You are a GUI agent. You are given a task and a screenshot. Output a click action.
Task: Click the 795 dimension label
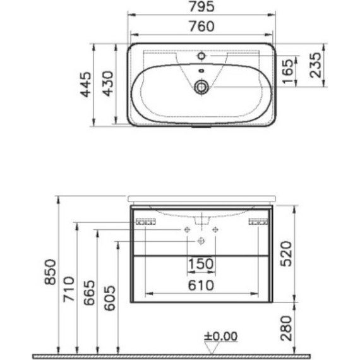click(201, 7)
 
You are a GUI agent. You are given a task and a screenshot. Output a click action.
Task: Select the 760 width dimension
click(201, 26)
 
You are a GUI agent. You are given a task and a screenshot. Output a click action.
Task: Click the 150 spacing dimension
click(201, 264)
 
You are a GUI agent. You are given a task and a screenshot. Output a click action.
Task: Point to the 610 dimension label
click(201, 285)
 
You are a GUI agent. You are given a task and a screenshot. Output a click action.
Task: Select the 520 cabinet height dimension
click(285, 252)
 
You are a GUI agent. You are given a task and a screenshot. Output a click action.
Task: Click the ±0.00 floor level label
click(221, 336)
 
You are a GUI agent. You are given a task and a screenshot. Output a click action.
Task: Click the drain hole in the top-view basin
click(201, 87)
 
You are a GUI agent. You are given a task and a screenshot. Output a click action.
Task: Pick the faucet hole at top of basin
click(201, 55)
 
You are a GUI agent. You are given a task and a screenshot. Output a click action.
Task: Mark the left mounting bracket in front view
click(146, 222)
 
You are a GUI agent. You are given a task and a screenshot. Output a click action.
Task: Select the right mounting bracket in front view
click(258, 222)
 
